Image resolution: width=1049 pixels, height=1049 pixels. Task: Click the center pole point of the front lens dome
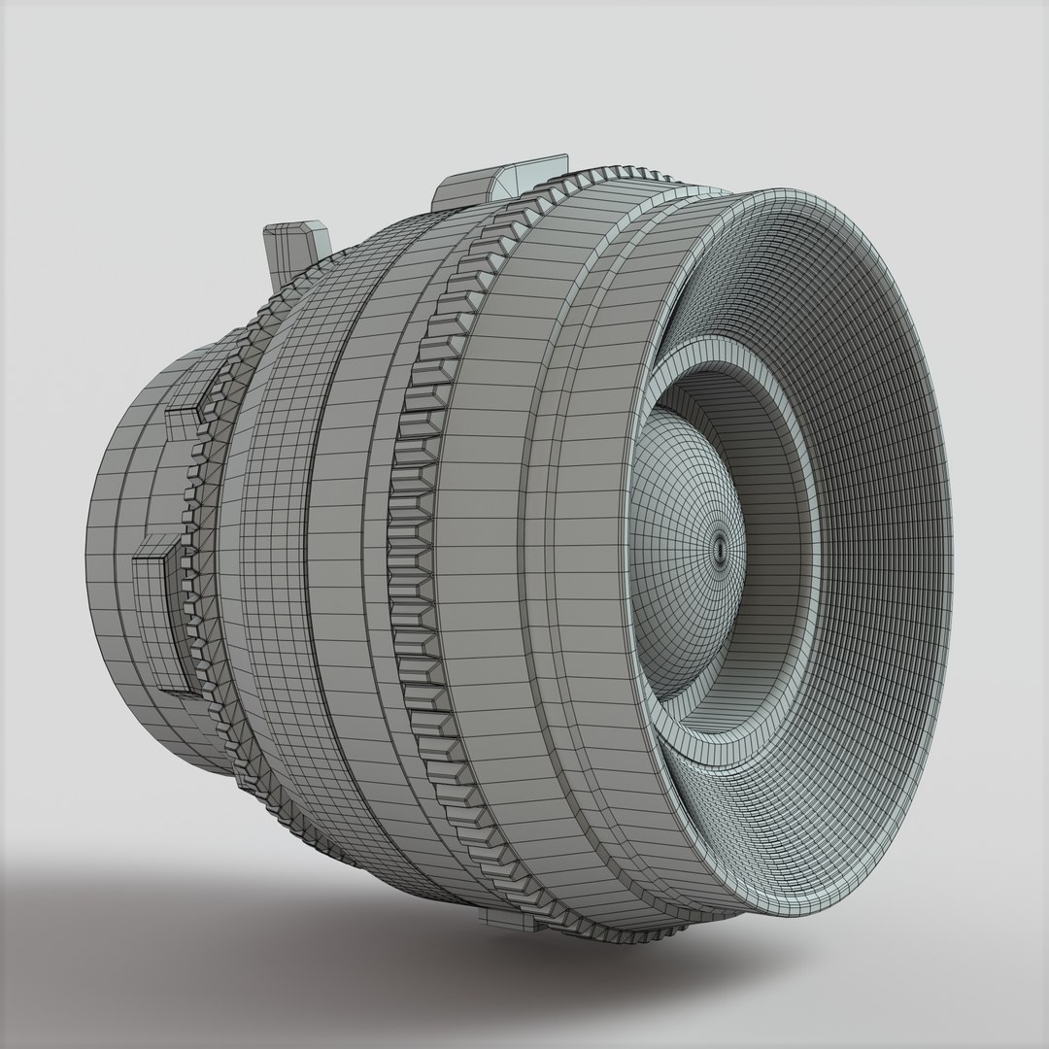click(720, 548)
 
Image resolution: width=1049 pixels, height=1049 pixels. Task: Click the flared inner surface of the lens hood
click(874, 486)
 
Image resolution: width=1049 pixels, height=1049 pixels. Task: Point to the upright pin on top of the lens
click(296, 249)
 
